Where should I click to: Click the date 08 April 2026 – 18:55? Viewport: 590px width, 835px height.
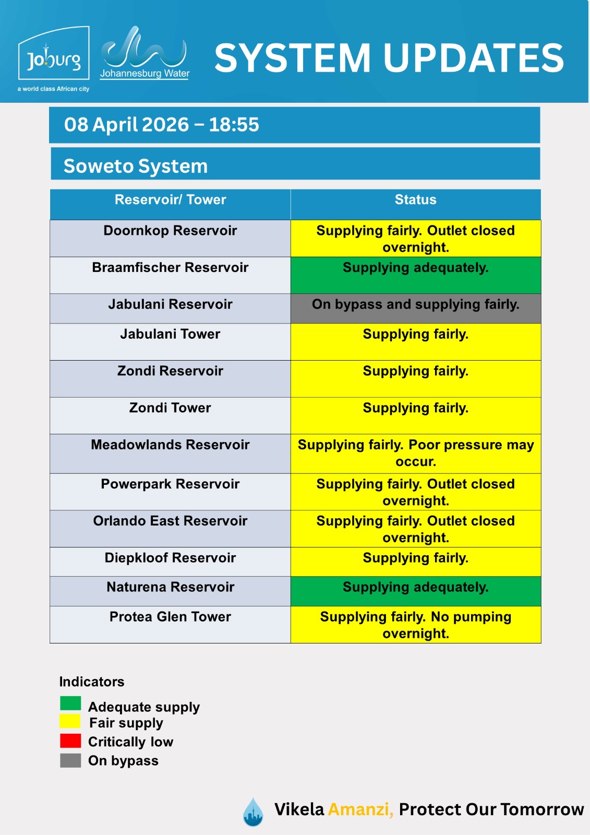pos(162,125)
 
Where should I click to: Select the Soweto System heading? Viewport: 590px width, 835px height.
pos(136,166)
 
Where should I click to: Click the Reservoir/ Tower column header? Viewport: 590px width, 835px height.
pos(170,200)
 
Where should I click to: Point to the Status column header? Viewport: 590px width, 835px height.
pos(415,200)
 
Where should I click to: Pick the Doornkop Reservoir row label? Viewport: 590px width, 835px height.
pos(170,231)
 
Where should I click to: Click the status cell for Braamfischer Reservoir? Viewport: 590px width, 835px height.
pos(415,275)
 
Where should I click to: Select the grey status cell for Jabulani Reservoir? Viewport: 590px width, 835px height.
pos(415,308)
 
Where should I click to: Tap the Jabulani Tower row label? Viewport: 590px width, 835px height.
pos(170,334)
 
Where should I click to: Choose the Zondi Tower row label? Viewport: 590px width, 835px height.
pos(170,408)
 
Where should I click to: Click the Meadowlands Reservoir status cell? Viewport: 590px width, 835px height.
pos(415,453)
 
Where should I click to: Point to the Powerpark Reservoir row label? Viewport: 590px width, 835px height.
pos(170,484)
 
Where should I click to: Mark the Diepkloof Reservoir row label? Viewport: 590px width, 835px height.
pos(170,558)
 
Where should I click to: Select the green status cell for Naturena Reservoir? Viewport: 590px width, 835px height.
pos(415,591)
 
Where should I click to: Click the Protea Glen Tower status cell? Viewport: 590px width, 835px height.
pos(415,625)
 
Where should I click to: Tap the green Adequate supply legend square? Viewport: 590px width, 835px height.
pos(70,703)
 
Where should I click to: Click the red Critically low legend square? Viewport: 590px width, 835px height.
pos(70,741)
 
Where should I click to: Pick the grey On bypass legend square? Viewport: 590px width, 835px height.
pos(70,760)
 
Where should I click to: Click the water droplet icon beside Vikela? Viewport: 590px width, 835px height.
pos(253,812)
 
